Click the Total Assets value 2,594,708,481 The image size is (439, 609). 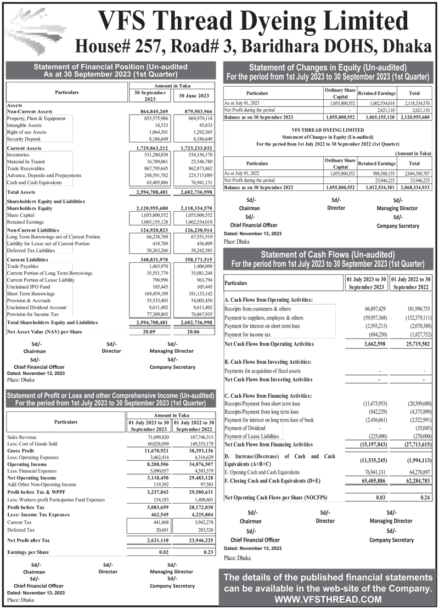point(150,192)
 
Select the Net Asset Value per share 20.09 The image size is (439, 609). point(150,331)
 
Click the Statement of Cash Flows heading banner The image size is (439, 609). point(328,259)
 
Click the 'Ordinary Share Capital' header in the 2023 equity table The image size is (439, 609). point(340,93)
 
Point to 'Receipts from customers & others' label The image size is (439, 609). point(258,309)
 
